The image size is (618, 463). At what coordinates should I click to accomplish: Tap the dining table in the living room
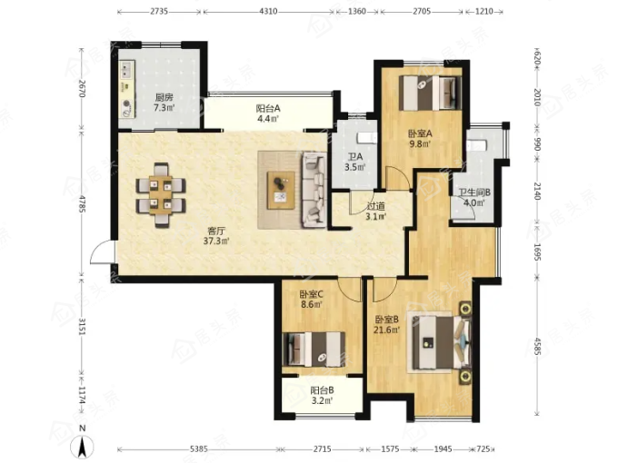[161, 195]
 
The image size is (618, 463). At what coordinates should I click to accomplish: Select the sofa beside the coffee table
[314, 191]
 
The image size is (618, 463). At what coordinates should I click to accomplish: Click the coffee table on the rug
[281, 190]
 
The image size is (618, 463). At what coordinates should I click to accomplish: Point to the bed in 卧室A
[430, 93]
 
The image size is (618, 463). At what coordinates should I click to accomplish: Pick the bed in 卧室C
[314, 350]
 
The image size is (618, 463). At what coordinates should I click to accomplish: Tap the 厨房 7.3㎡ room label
[164, 103]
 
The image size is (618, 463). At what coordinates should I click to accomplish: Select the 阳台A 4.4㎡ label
[268, 113]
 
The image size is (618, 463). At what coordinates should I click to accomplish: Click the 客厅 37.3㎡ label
[216, 235]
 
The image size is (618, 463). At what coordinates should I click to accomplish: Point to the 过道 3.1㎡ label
[376, 211]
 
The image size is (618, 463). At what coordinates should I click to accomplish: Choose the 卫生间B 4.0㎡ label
[474, 198]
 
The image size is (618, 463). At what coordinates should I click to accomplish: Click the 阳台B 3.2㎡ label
[322, 396]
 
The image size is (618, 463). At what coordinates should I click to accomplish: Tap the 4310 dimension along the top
[268, 12]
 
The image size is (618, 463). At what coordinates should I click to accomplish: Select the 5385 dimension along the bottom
[199, 448]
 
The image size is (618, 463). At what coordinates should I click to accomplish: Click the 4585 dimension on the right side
[536, 344]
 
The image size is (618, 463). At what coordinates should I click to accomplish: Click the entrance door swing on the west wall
[101, 252]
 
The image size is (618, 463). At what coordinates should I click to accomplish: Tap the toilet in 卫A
[366, 138]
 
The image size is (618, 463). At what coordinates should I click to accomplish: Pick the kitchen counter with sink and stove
[127, 89]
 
